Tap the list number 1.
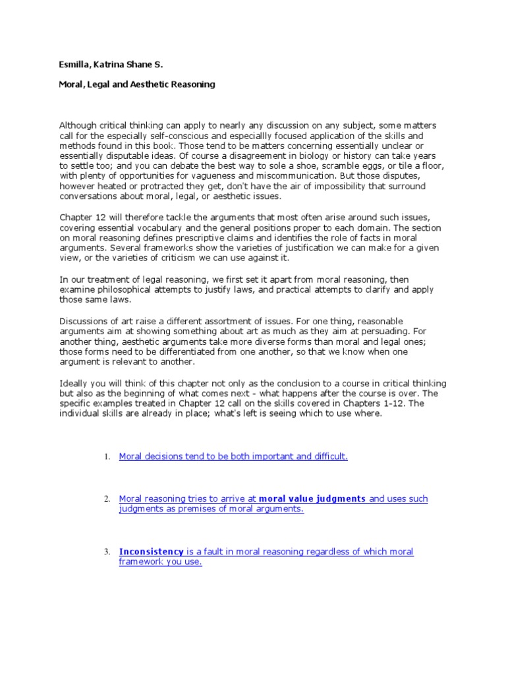(x=106, y=457)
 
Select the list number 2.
(x=106, y=500)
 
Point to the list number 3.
(x=106, y=552)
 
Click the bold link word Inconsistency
(x=151, y=552)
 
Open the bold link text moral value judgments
(x=312, y=499)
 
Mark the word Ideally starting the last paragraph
(x=74, y=384)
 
